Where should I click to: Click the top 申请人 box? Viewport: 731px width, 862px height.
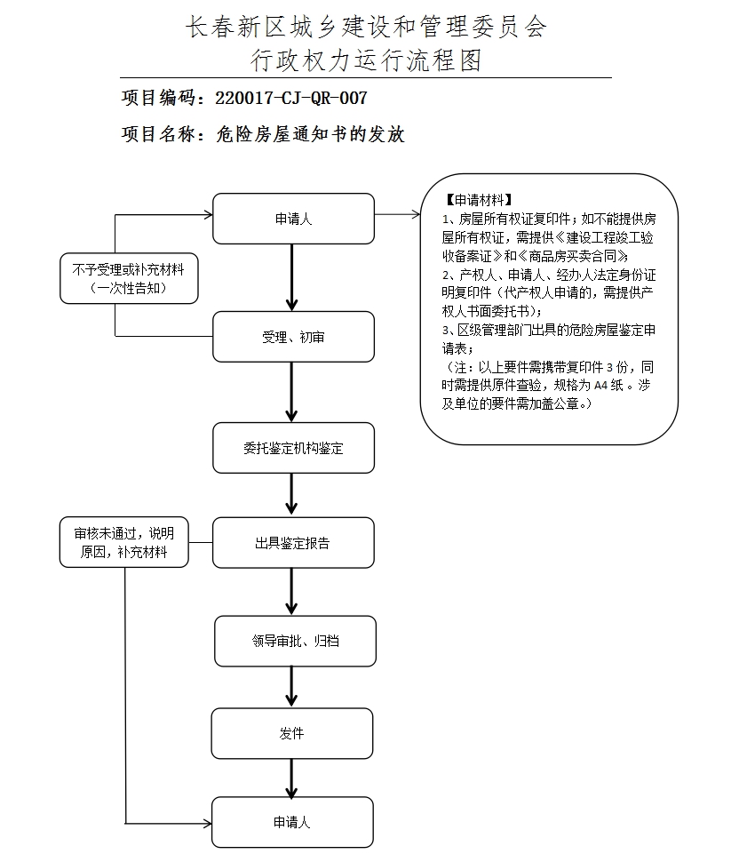tap(293, 219)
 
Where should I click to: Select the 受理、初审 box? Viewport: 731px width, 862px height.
tap(293, 337)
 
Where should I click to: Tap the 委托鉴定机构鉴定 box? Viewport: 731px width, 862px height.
tap(293, 448)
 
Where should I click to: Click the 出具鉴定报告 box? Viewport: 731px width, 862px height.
tap(293, 543)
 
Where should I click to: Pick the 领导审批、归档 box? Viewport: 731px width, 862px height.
tap(293, 641)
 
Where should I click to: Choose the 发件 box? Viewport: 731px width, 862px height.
tap(292, 734)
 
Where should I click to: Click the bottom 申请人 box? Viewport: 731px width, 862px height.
tap(292, 823)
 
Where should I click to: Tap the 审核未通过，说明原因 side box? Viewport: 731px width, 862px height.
tap(124, 542)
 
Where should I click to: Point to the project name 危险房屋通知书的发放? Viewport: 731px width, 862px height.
tap(310, 134)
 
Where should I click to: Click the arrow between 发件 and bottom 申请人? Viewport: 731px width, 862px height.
tap(292, 778)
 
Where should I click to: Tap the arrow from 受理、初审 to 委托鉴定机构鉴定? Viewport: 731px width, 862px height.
tap(292, 392)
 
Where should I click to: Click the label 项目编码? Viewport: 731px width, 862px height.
tap(162, 98)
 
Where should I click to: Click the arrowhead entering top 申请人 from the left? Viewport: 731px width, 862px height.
tap(207, 214)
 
